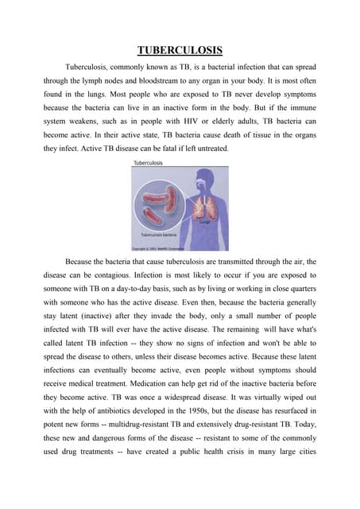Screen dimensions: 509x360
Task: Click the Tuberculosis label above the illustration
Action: [x=148, y=162]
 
